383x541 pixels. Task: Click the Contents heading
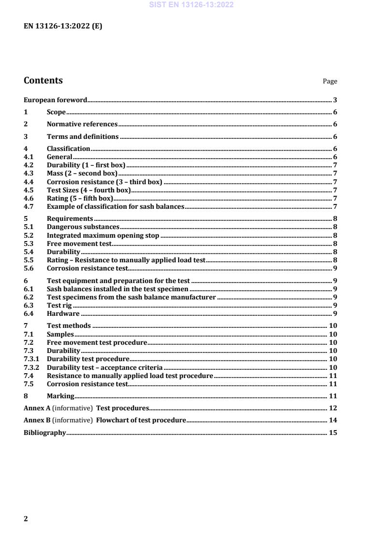[43, 81]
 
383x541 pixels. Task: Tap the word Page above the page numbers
[330, 81]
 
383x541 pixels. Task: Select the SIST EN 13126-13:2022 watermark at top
[191, 5]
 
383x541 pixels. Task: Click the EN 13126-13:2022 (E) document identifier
[63, 27]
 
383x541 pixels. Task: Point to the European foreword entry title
[55, 100]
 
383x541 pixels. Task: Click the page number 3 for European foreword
[335, 100]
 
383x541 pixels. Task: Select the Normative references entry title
[82, 124]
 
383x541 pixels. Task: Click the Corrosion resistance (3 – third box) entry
[104, 182]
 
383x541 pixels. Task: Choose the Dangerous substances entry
[83, 227]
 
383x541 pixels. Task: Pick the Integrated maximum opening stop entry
[103, 235]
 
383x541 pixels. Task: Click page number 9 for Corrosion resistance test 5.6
[335, 268]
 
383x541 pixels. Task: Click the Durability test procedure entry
[88, 359]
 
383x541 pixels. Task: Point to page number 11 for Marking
[332, 396]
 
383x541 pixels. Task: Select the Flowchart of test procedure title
[141, 420]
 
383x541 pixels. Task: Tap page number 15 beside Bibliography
[332, 433]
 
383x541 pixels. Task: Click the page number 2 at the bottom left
[26, 519]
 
